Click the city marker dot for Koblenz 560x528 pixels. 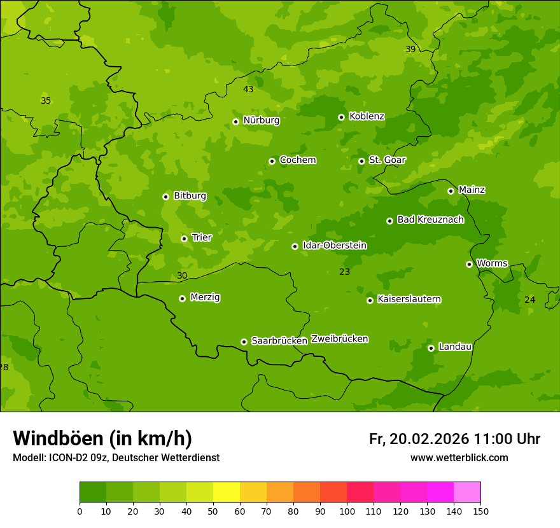tap(341, 117)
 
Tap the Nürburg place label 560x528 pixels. tap(261, 120)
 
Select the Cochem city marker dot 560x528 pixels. tap(272, 161)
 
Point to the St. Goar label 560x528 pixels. tap(387, 160)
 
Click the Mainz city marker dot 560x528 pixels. tap(451, 191)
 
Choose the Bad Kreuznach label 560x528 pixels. tap(430, 219)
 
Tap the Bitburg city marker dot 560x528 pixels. tap(165, 197)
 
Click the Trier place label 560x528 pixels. tap(202, 237)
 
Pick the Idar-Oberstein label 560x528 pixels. tap(334, 245)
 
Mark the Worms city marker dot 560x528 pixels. tap(469, 264)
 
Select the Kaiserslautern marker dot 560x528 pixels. tap(370, 300)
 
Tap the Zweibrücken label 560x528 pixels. tap(339, 338)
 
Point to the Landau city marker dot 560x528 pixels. tap(431, 348)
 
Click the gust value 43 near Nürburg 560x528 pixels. tap(248, 89)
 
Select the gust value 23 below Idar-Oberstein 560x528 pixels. tap(344, 272)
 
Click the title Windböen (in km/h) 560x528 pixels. tap(102, 438)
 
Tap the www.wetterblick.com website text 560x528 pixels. tap(459, 457)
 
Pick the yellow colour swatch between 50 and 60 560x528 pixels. tap(227, 492)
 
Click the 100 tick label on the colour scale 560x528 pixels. tap(347, 511)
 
